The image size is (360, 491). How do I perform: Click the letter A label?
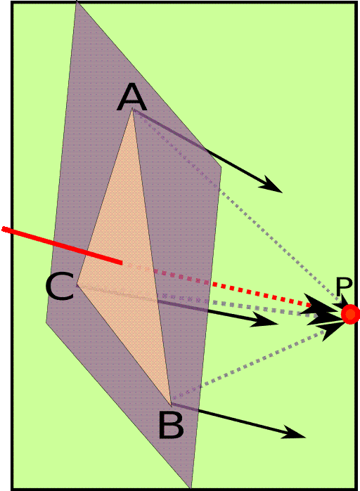(x=131, y=98)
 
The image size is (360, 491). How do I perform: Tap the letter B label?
(x=171, y=425)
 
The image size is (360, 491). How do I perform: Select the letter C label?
(x=60, y=286)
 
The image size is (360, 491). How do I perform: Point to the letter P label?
(x=344, y=286)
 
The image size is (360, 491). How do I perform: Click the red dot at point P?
(x=350, y=314)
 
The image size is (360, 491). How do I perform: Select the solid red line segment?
(x=62, y=246)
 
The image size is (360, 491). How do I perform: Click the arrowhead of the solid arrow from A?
(x=270, y=184)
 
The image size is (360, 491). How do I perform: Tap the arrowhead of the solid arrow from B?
(x=294, y=432)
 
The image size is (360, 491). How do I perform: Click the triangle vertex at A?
(x=132, y=109)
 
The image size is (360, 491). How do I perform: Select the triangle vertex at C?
(x=77, y=286)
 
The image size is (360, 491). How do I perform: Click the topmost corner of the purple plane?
(x=76, y=1)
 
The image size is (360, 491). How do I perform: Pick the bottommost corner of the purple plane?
(x=191, y=489)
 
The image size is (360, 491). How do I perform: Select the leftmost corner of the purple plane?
(x=46, y=322)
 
